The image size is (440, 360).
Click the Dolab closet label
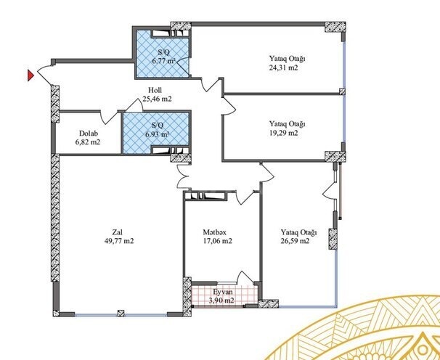tap(88, 133)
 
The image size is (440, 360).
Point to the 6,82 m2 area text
tap(88, 142)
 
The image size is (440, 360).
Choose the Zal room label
tap(122, 232)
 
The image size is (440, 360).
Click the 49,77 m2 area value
tap(122, 241)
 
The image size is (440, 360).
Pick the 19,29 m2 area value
tap(283, 133)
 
